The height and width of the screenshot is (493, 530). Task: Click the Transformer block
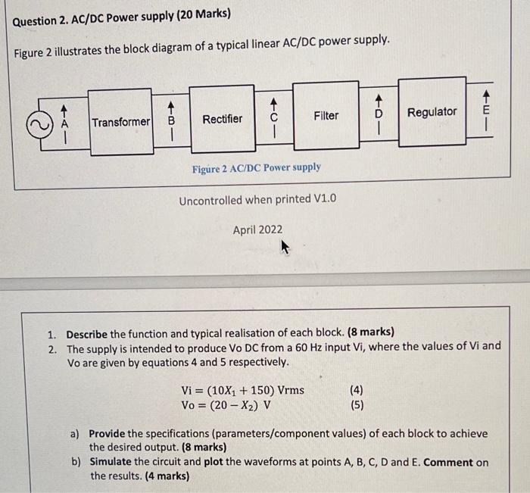(121, 122)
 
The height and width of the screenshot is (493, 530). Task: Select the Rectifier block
(222, 119)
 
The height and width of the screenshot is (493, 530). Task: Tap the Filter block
(326, 115)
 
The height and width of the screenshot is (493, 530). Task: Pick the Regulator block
(432, 112)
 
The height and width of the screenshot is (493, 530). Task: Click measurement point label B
(171, 120)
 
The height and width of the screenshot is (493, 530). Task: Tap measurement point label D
(380, 114)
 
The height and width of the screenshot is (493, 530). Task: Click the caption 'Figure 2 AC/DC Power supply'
(256, 167)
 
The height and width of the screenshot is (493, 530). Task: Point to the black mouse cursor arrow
(285, 246)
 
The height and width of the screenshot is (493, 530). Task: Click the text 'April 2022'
(257, 229)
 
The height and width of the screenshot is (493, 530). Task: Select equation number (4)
(357, 390)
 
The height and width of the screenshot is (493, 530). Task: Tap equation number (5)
(357, 404)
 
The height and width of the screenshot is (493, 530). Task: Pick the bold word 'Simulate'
(114, 462)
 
